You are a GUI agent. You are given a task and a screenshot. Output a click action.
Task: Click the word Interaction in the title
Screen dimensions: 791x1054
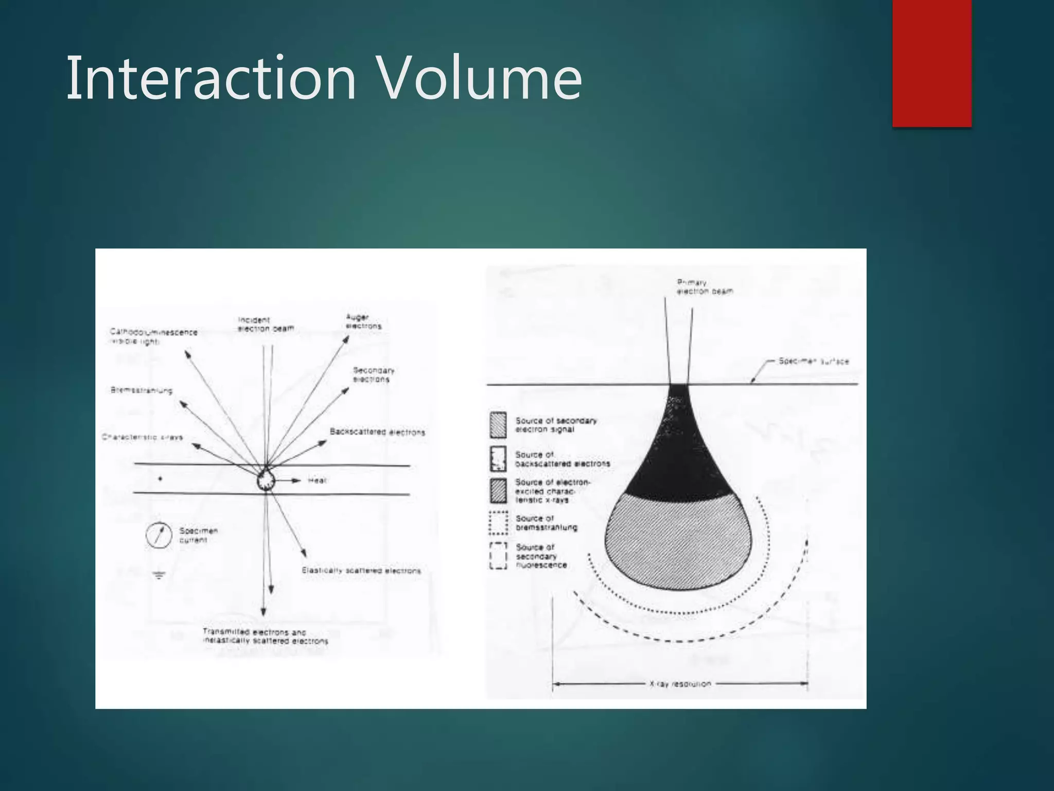[x=211, y=78]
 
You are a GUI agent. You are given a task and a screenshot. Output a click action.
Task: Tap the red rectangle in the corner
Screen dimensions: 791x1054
[x=932, y=63]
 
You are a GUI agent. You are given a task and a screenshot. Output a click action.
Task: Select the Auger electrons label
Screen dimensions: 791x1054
[x=363, y=322]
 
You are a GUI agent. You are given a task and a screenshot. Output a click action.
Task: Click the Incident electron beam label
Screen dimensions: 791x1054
[x=265, y=324]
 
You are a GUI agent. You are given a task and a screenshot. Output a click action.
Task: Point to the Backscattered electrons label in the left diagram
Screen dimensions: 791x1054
[x=377, y=432]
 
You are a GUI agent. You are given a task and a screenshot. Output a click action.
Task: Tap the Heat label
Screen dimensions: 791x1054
[x=317, y=480]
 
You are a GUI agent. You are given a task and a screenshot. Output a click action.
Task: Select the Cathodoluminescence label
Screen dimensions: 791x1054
[x=153, y=336]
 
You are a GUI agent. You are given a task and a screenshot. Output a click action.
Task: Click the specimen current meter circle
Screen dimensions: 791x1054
[x=158, y=536]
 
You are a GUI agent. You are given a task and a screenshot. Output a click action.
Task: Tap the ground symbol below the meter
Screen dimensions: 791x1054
[x=159, y=575]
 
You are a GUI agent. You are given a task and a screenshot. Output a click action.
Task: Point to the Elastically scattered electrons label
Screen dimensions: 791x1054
[x=361, y=571]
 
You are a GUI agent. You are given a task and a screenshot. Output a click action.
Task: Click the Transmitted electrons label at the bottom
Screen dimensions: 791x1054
[x=265, y=637]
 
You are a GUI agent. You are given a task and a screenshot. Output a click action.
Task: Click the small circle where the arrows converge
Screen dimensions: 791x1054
[x=266, y=481]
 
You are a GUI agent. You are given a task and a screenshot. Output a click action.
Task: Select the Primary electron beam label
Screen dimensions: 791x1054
[x=704, y=287]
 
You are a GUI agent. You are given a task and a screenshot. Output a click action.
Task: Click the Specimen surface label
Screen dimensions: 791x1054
[x=813, y=362]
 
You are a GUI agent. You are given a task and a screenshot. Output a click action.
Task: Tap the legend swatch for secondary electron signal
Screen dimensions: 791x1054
[x=498, y=425]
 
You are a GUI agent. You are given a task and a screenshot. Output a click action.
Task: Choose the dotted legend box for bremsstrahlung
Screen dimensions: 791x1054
[x=498, y=523]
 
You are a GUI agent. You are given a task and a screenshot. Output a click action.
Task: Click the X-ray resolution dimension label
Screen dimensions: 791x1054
[x=680, y=684]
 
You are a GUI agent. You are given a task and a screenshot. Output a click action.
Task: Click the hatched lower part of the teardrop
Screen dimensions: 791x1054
[x=678, y=541]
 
